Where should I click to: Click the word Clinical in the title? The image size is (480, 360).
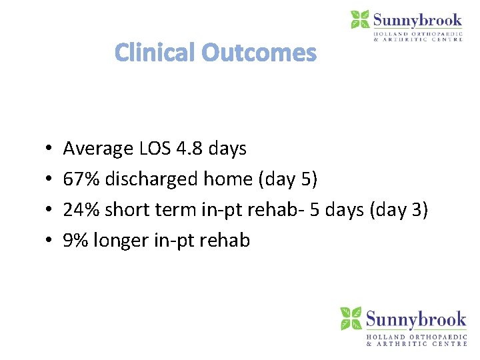[x=155, y=53]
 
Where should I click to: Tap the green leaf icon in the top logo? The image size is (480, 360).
[x=360, y=19]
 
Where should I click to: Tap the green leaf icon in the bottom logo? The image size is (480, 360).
[x=351, y=318]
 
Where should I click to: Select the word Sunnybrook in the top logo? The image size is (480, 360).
[x=418, y=19]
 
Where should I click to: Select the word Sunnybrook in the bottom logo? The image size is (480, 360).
[x=416, y=319]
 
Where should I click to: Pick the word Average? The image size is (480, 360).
[x=98, y=149]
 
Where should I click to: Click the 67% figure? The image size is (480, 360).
[x=79, y=179]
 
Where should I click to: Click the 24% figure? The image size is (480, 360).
[x=79, y=210]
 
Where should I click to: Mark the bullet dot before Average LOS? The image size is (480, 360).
[x=51, y=149]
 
